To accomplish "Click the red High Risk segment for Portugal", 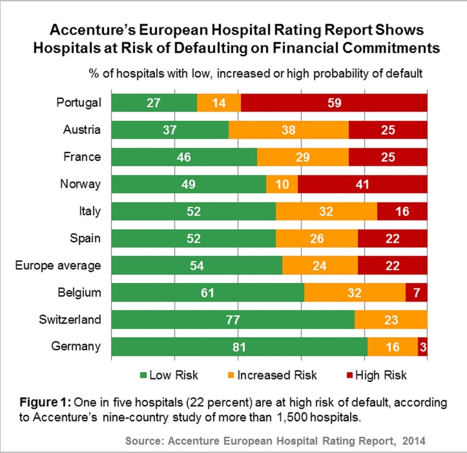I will click(334, 102).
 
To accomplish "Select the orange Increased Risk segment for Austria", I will click(288, 129).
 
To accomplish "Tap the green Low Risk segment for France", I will click(184, 156).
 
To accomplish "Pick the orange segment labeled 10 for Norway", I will click(281, 184).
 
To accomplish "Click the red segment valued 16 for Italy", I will click(402, 211).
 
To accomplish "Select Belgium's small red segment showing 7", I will click(416, 292).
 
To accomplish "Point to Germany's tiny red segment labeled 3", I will click(423, 347).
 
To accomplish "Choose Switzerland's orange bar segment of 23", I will click(391, 320).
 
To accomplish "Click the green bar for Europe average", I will click(197, 265).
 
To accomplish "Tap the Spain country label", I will click(87, 238).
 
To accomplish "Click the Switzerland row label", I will click(71, 320).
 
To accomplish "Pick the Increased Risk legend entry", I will click(275, 374).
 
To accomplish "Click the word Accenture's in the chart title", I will click(90, 30).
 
